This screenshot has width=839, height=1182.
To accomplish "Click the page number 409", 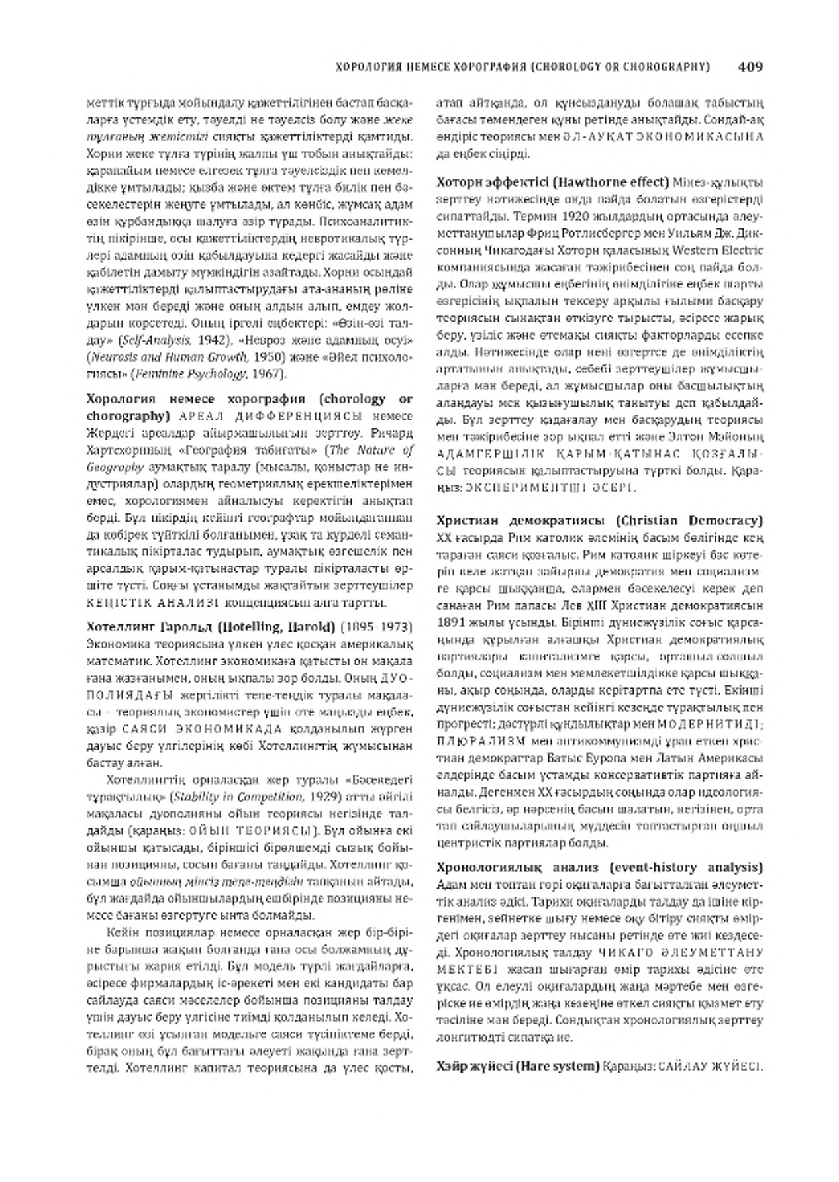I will (750, 66).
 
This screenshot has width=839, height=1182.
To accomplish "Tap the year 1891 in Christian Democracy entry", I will (452, 622).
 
